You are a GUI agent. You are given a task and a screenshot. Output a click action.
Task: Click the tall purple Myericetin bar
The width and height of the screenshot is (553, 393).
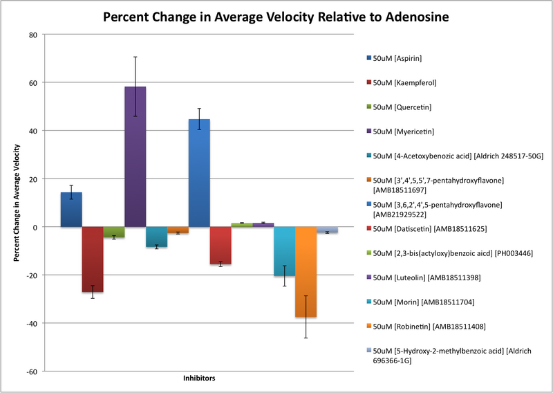point(135,156)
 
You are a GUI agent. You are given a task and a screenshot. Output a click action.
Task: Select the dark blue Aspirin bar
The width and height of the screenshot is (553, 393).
point(71,210)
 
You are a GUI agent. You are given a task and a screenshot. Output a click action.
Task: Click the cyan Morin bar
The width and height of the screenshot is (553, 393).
point(284,251)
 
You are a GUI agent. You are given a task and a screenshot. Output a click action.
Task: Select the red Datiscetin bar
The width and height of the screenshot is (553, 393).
point(221,245)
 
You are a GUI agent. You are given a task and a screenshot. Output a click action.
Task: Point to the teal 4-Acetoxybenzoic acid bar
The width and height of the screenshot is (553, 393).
point(156,237)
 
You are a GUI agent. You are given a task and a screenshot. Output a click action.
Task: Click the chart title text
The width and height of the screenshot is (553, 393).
point(276,16)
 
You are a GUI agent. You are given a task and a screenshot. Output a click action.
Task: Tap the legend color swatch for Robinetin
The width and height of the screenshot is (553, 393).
point(368,326)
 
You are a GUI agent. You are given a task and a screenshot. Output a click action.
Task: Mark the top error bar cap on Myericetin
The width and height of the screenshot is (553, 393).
point(135,57)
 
